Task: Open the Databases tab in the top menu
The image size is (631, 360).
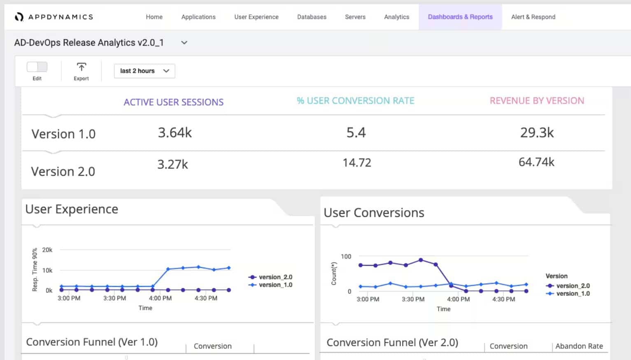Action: (312, 17)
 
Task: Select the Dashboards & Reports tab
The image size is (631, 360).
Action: (460, 17)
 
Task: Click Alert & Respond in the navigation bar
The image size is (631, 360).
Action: (533, 17)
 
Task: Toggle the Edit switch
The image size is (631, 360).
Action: (37, 67)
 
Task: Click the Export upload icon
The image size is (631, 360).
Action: (81, 67)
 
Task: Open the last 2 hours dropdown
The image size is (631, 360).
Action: (144, 71)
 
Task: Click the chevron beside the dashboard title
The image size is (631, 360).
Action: (184, 43)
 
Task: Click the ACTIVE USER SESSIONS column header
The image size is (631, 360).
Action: (174, 102)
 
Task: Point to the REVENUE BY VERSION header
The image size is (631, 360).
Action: (537, 101)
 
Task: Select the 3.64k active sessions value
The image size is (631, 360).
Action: (175, 132)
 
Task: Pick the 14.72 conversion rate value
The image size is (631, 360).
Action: (357, 163)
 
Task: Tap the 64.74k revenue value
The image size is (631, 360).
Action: (536, 162)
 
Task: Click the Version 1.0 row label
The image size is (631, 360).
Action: (63, 134)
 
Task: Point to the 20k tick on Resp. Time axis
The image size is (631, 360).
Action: (47, 250)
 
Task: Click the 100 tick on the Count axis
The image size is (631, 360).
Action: (346, 256)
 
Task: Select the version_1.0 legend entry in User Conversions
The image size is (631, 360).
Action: (573, 293)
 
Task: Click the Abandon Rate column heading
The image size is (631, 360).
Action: (579, 346)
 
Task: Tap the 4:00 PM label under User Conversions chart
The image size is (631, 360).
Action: (459, 299)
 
